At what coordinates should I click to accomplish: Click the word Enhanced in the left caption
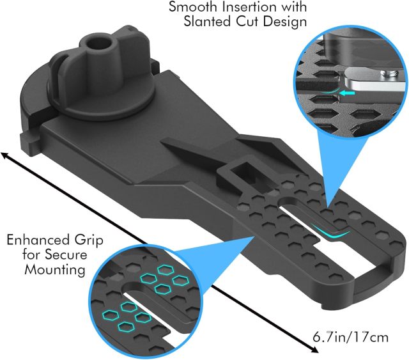click(x=36, y=242)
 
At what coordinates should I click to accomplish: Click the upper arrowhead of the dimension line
click(x=6, y=155)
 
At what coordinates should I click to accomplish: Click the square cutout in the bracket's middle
click(x=239, y=173)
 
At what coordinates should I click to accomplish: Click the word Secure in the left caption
click(x=84, y=256)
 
